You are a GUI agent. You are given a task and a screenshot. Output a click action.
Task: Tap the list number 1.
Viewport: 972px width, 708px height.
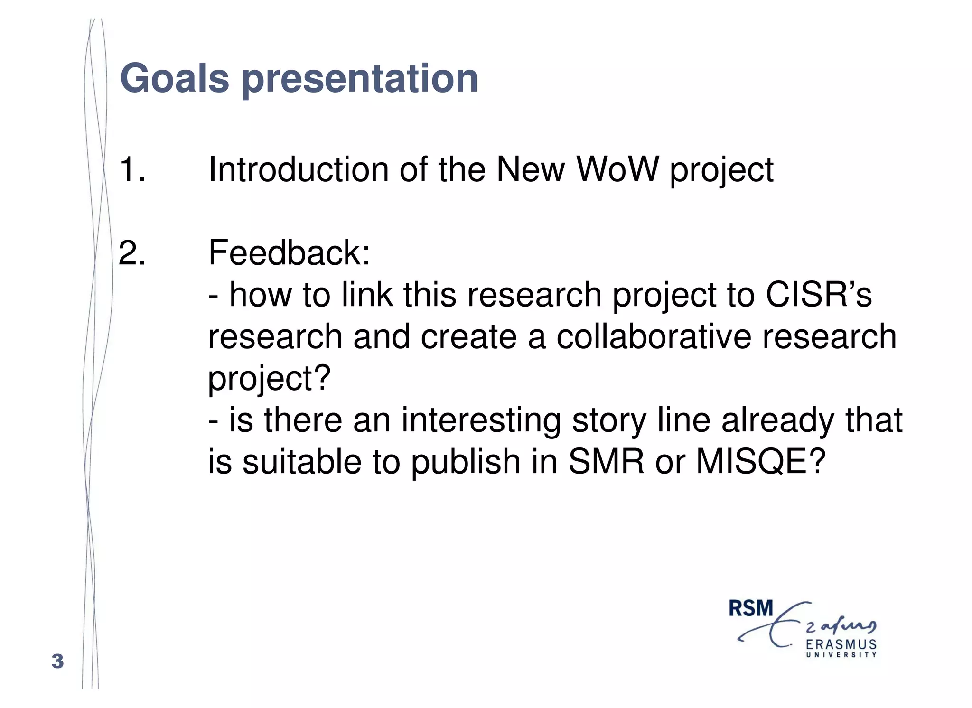(132, 169)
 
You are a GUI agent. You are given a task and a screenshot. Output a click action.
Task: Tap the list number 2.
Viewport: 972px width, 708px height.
(132, 253)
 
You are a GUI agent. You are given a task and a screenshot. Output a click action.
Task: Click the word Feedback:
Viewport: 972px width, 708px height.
(289, 253)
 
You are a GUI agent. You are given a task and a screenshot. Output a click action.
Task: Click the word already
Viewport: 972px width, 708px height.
(777, 420)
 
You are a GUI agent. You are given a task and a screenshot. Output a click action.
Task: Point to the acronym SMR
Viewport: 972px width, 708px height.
(606, 462)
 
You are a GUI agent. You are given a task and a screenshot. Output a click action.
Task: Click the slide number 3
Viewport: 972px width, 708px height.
(57, 661)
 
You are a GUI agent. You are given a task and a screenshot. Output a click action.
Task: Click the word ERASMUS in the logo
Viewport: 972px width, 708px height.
(841, 644)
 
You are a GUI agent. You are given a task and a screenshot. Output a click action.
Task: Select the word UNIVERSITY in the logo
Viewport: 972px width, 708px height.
(841, 655)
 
